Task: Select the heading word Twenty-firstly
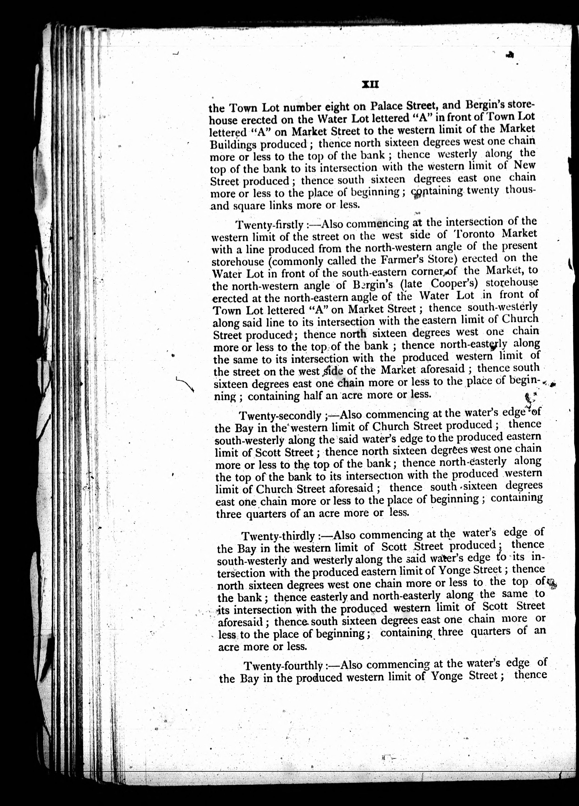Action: click(269, 225)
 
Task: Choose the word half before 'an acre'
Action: click(314, 396)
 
